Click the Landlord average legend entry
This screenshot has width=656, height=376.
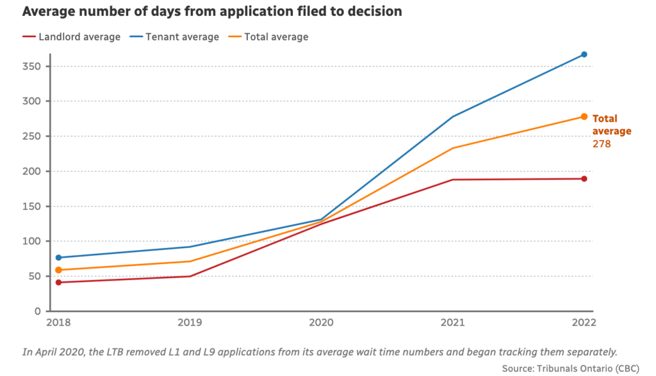tap(71, 37)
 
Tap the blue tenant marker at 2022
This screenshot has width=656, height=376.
tap(584, 54)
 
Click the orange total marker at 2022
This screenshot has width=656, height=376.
tap(584, 116)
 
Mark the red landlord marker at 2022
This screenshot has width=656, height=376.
tap(584, 178)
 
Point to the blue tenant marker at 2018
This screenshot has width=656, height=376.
tap(58, 258)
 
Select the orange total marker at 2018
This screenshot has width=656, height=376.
tap(58, 270)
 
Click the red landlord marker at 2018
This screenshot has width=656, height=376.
tap(58, 282)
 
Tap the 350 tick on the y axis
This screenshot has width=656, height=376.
tap(33, 67)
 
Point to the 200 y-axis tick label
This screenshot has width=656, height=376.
tap(33, 171)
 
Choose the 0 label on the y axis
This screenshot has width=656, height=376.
tap(38, 311)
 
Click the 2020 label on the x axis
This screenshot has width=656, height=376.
tap(320, 324)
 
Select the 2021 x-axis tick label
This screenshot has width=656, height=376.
tap(452, 324)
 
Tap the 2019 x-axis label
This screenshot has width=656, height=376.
tap(189, 324)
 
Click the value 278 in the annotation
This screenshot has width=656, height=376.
tap(602, 144)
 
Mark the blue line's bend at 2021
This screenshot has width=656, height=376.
tap(453, 117)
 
